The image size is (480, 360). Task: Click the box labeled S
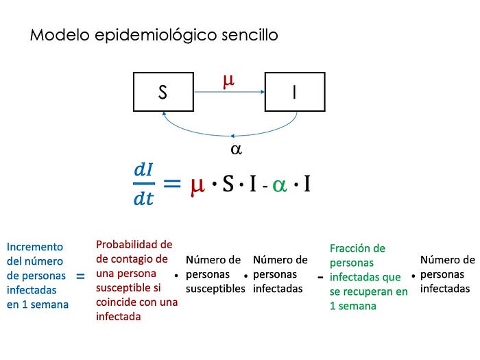click(x=163, y=92)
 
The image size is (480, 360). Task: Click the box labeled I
click(x=295, y=92)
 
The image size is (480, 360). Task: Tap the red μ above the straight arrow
click(x=228, y=80)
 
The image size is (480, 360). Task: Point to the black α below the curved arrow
click(x=236, y=149)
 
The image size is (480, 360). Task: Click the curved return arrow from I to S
click(x=230, y=134)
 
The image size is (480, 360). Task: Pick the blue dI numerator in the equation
click(x=143, y=171)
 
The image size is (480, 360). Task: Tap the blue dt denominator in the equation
click(x=143, y=200)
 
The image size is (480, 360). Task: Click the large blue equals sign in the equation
click(x=171, y=184)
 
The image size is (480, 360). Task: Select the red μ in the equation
click(x=197, y=184)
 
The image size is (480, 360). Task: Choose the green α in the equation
click(x=279, y=185)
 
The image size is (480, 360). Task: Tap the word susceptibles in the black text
click(x=215, y=289)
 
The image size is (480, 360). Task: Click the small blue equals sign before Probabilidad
click(x=80, y=276)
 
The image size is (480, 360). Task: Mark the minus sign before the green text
click(x=320, y=278)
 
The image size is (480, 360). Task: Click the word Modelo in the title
click(x=53, y=35)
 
